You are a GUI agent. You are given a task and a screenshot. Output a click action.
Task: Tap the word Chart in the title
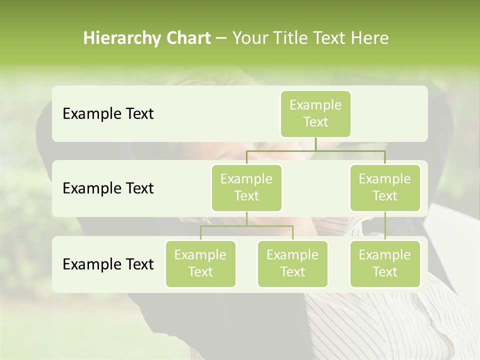pos(188,38)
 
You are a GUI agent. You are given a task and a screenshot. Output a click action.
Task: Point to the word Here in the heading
pos(369,38)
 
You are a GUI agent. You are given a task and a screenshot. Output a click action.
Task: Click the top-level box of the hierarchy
pos(315,113)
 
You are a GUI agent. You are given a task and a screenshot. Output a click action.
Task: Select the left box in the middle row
pos(246,187)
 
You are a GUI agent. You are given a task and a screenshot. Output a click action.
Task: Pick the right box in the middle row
pos(385,187)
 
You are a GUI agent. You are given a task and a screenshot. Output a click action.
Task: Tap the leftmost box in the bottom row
pos(200,263)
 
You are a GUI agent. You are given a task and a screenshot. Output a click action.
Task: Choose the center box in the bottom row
pos(292,263)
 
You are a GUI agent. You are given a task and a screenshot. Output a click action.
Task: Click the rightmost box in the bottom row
pos(385,263)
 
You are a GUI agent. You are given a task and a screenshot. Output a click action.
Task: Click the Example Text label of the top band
pos(108,113)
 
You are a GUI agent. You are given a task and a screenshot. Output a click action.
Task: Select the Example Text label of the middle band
pos(108,188)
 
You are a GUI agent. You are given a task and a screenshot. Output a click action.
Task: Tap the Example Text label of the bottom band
pos(108,264)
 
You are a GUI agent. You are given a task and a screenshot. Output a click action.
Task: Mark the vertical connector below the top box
pos(315,144)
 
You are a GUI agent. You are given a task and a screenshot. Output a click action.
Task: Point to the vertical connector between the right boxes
pos(385,225)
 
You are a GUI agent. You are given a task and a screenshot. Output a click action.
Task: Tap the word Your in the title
pos(250,38)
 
